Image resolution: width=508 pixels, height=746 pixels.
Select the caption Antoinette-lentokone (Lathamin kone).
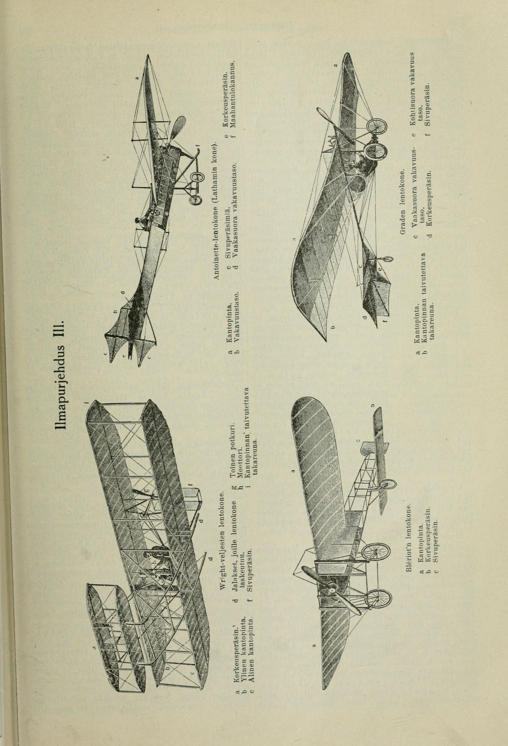pyautogui.click(x=216, y=211)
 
